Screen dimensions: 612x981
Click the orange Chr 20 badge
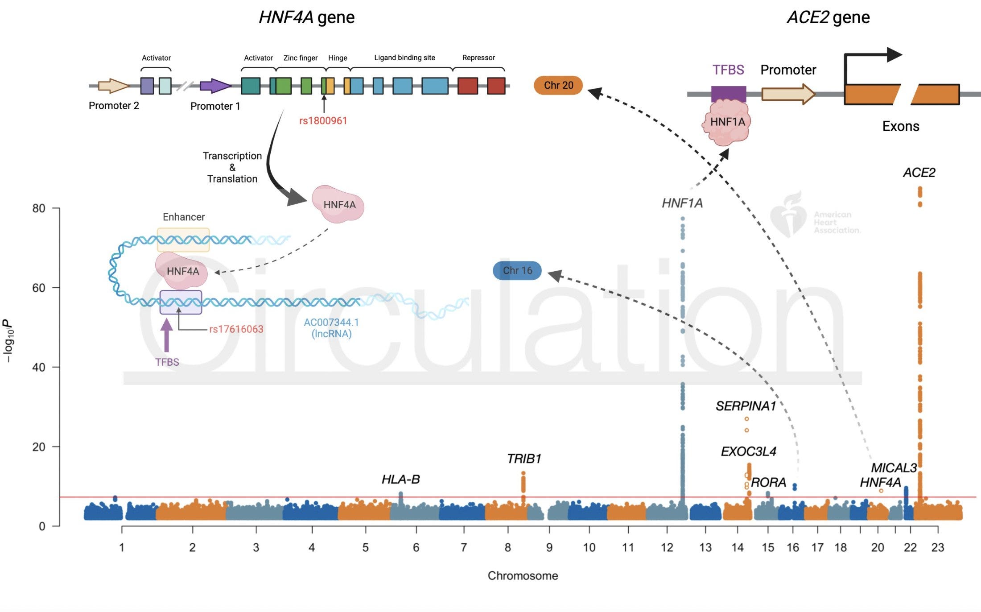point(558,85)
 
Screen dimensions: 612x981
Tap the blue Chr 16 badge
point(517,270)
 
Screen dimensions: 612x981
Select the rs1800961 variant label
point(323,120)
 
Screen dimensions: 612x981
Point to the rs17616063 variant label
point(236,329)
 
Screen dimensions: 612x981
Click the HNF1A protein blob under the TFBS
point(727,122)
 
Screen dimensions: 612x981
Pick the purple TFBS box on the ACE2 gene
point(728,94)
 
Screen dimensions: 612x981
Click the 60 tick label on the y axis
point(39,288)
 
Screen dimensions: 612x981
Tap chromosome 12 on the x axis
point(667,547)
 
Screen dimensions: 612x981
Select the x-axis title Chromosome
point(523,575)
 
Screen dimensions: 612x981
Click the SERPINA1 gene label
point(746,406)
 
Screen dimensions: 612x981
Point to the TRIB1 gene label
point(524,459)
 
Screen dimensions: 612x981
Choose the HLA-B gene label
point(400,480)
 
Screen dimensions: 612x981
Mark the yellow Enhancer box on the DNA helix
point(183,240)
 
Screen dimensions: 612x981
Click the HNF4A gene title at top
point(307,17)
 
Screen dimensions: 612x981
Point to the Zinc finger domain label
point(301,58)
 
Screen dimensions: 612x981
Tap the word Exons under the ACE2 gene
point(900,126)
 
